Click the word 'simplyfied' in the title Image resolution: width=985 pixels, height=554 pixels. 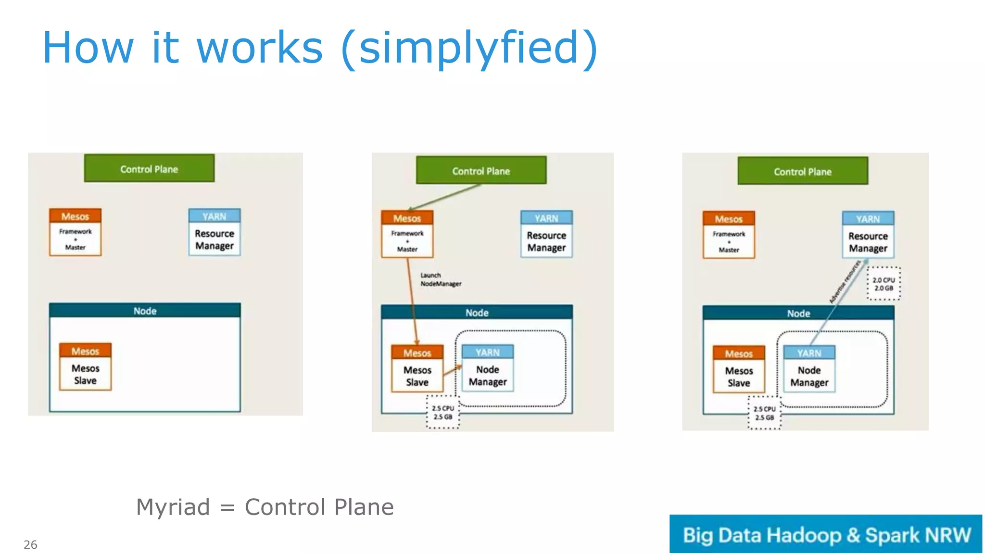click(x=469, y=48)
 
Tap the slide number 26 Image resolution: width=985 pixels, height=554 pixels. click(x=30, y=544)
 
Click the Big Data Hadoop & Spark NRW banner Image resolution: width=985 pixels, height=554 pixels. click(x=825, y=534)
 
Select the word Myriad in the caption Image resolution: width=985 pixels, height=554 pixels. click(x=173, y=507)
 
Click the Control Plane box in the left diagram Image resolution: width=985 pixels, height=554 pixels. click(x=149, y=168)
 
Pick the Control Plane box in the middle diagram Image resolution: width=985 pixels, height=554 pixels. click(x=481, y=170)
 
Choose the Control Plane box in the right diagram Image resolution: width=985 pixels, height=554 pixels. click(x=803, y=171)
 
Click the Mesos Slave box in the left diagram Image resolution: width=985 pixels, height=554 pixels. click(x=85, y=367)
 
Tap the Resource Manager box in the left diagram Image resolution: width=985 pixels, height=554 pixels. click(x=215, y=232)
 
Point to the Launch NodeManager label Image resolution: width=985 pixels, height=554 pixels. click(x=440, y=279)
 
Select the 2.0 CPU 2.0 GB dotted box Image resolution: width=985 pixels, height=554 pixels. click(x=884, y=284)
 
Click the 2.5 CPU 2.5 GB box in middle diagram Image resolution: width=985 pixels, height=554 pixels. click(x=443, y=412)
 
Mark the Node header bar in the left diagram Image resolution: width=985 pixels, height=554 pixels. click(x=145, y=311)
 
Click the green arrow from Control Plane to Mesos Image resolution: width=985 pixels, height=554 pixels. click(x=445, y=197)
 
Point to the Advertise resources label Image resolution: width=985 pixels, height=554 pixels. click(x=845, y=282)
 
